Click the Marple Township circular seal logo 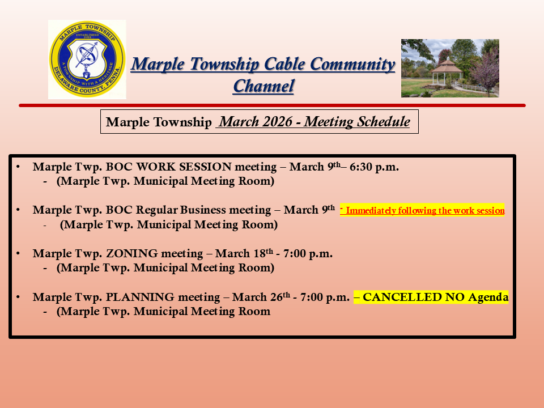(87, 59)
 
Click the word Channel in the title (263, 86)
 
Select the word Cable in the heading (284, 64)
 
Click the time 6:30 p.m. (374, 167)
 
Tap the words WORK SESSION (184, 167)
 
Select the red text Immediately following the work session (425, 211)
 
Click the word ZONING (132, 254)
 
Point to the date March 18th (244, 253)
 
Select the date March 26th (261, 297)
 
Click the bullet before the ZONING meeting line (18, 254)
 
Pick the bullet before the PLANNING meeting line (18, 297)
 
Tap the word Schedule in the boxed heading (384, 122)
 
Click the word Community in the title (352, 65)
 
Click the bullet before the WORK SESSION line (18, 167)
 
